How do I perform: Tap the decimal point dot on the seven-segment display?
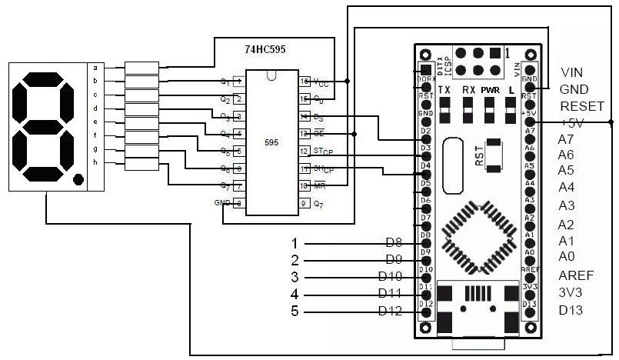78,180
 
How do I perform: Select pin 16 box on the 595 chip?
305,81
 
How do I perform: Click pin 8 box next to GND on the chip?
239,204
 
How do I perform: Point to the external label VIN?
573,73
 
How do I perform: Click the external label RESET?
582,106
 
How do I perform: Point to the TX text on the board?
444,90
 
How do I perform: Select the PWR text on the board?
490,90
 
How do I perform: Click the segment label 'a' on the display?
95,67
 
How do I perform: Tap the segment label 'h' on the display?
95,163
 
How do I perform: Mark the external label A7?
567,139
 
